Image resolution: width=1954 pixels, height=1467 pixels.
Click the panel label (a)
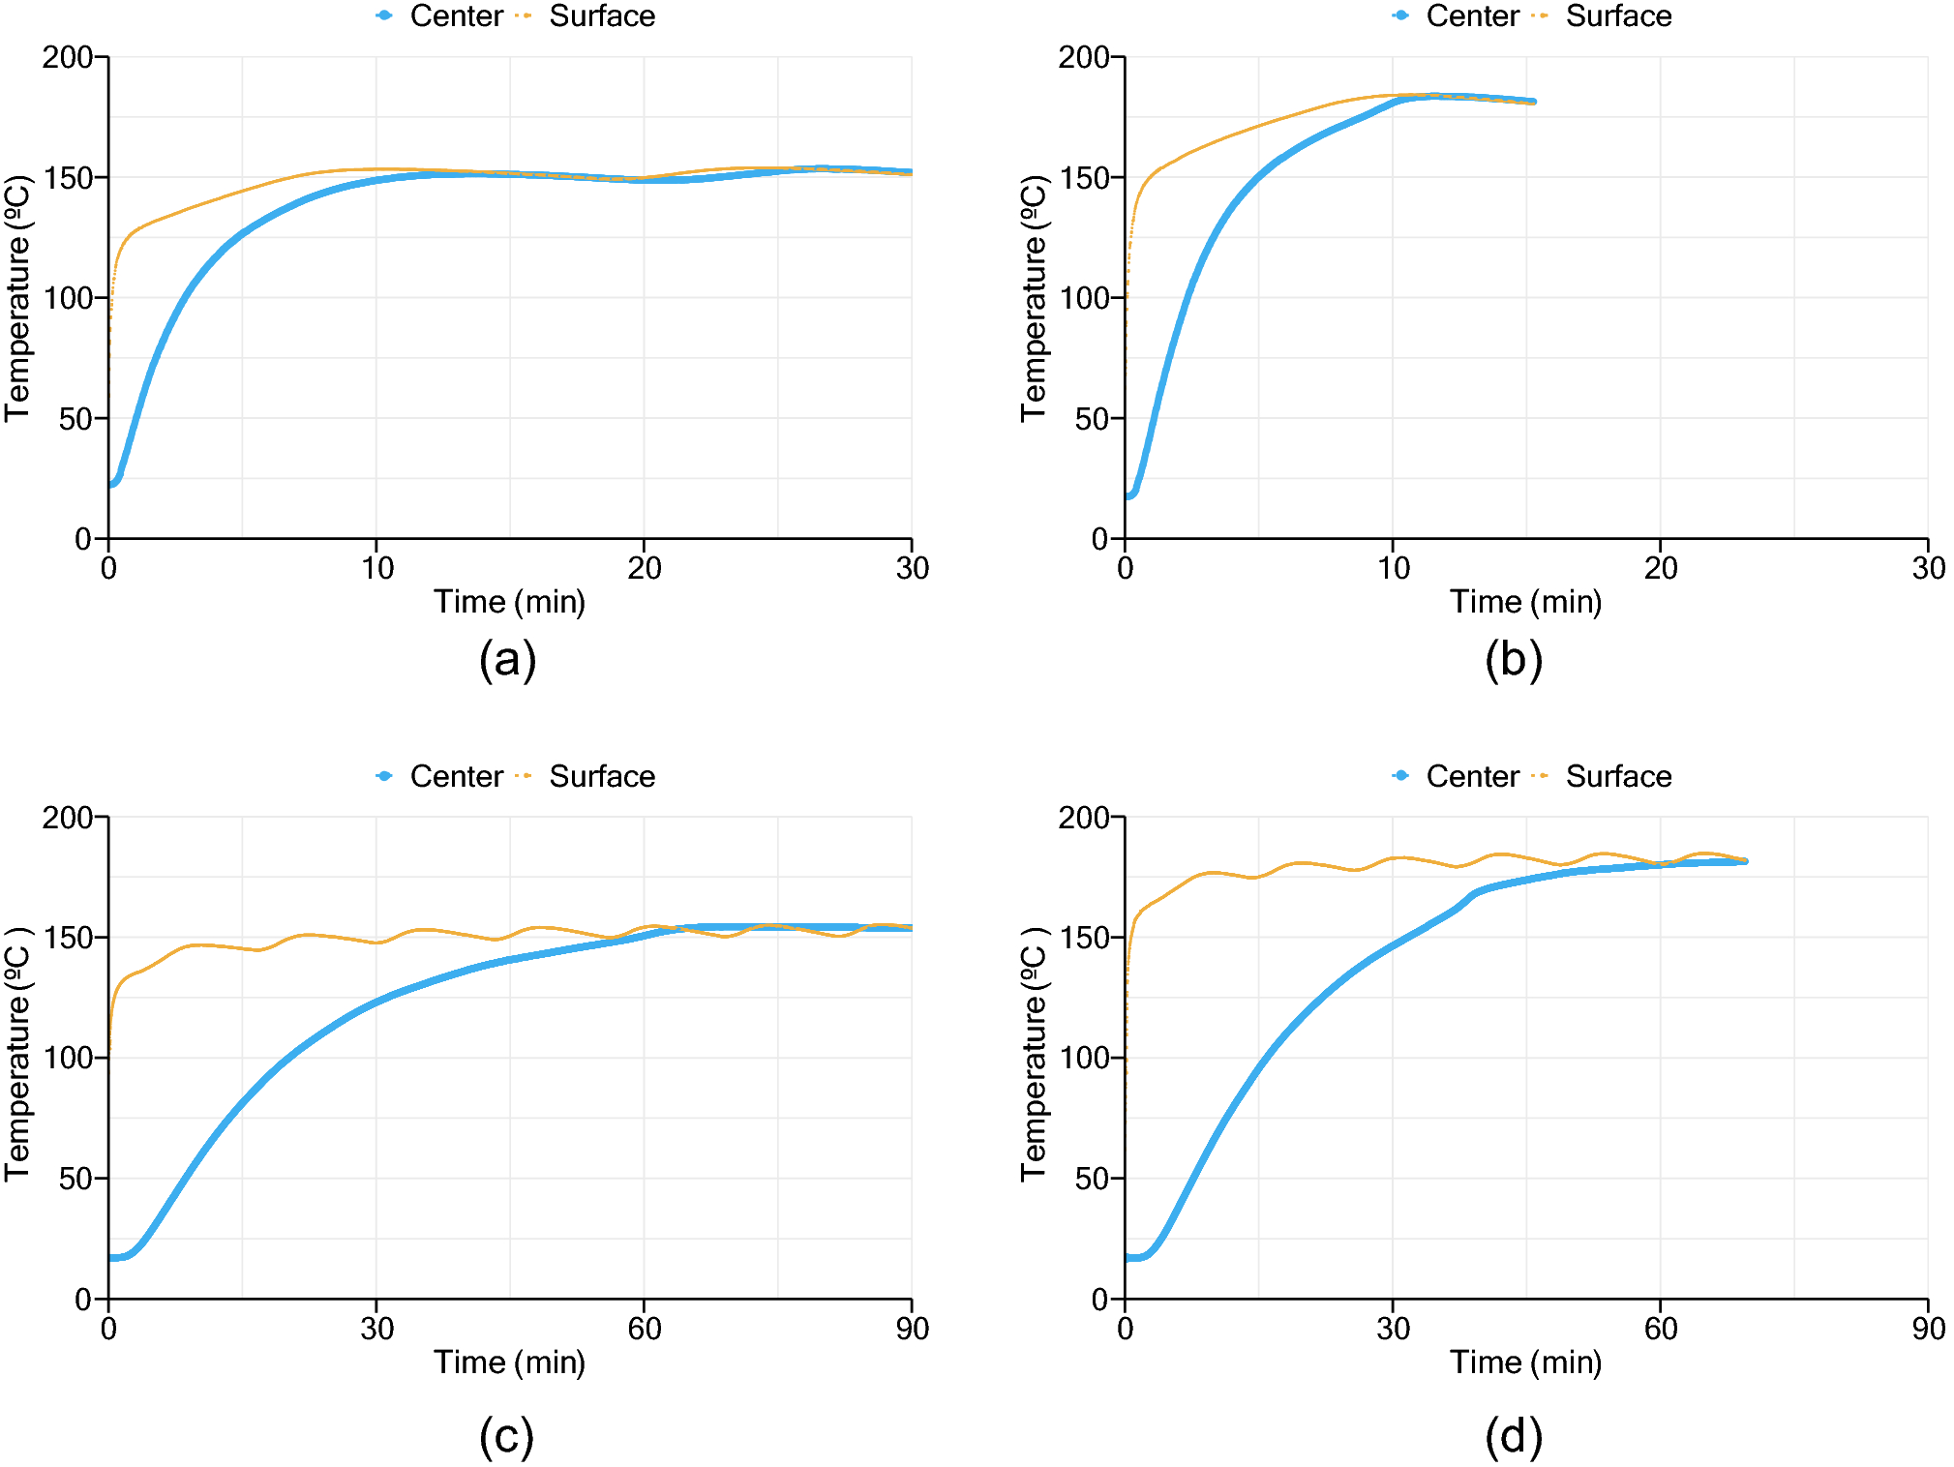coord(507,661)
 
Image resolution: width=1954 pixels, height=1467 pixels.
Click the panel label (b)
coord(1514,661)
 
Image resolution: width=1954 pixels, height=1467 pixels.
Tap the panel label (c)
coord(506,1436)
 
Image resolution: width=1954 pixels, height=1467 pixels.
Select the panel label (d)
coord(1514,1436)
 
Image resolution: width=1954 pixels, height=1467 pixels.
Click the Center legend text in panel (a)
coord(456,16)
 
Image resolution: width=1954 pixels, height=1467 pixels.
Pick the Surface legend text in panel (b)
coord(1618,16)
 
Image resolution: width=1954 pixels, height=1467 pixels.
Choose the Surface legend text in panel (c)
coord(602,776)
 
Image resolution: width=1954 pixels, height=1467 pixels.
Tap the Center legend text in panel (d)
coord(1472,776)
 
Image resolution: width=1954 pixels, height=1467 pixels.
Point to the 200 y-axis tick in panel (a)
coord(74,57)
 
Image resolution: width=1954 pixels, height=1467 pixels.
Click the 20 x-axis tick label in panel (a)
coord(644,568)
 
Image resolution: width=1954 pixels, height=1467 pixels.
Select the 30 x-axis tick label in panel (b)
coord(1928,568)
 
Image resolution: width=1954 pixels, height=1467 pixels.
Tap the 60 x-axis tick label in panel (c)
coord(644,1329)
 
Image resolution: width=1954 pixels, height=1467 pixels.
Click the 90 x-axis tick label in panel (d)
coord(1928,1329)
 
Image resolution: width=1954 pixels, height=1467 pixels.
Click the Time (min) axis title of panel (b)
coord(1525,602)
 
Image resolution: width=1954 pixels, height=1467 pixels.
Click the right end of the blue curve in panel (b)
coord(1533,101)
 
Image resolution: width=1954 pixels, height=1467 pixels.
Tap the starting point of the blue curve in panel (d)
coord(1127,1257)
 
